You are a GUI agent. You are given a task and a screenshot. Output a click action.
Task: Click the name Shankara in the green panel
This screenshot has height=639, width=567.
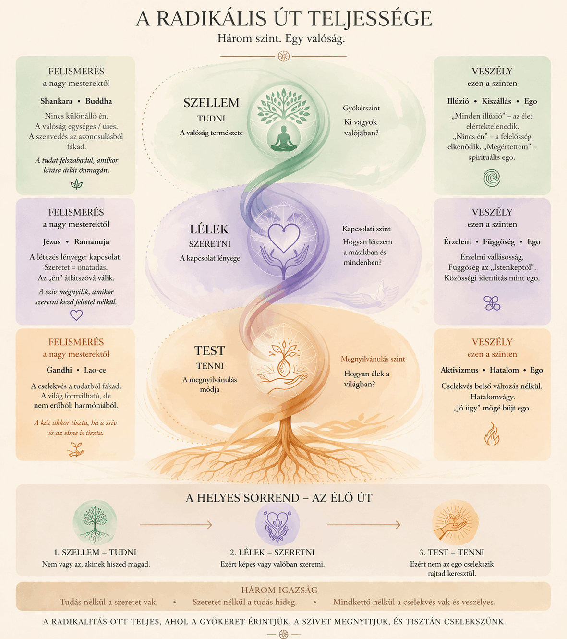click(x=56, y=101)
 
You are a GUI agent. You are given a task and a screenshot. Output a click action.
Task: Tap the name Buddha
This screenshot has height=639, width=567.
click(x=99, y=101)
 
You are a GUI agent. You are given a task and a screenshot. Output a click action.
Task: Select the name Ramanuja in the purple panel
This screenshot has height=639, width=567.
click(x=91, y=242)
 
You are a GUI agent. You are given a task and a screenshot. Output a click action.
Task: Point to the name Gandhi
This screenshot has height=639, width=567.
click(x=59, y=370)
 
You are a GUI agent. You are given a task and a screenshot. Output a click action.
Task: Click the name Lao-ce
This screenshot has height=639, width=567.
click(x=95, y=370)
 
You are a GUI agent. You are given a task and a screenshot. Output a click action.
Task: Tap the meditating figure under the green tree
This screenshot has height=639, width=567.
click(x=283, y=138)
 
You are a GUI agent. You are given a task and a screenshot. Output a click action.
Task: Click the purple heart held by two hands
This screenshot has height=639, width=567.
click(x=284, y=238)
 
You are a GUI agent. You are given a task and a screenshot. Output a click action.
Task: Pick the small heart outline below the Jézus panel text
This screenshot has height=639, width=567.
click(x=76, y=315)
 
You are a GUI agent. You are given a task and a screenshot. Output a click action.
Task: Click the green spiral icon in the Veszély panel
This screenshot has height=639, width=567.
click(x=492, y=178)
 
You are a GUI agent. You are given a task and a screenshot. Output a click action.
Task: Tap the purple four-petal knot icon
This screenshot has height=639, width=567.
click(x=492, y=303)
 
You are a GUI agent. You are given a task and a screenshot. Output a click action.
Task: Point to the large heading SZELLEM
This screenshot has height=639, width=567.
click(x=211, y=103)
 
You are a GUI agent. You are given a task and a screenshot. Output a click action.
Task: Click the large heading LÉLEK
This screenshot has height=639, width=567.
click(x=209, y=229)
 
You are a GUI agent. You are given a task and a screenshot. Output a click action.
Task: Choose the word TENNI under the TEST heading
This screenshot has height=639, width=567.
click(x=210, y=366)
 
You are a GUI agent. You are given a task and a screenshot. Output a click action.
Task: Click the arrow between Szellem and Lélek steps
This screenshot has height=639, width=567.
click(x=176, y=525)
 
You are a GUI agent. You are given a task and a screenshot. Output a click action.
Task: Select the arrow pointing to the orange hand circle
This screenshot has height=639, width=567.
click(x=363, y=525)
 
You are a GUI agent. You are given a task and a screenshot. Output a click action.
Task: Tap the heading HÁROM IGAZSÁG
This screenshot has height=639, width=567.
click(x=279, y=590)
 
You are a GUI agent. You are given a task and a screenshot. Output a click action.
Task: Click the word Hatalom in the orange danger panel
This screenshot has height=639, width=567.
click(x=504, y=370)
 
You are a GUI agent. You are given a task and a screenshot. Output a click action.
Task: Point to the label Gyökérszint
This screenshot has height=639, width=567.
click(x=362, y=108)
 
